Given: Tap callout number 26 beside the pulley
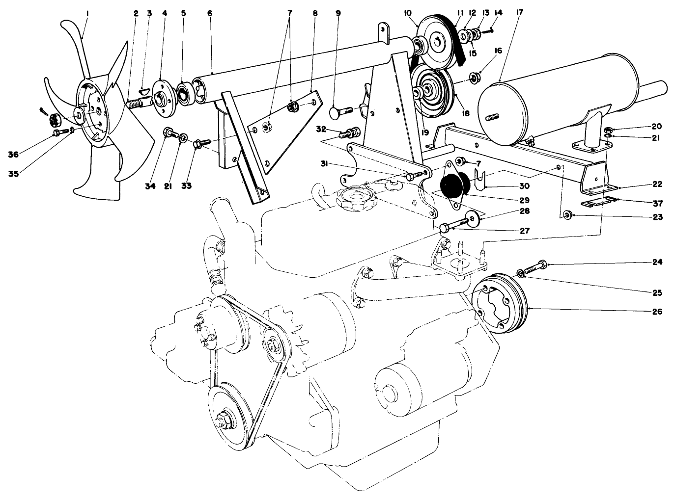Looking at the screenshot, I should coord(657,312).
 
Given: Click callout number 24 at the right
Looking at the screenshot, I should coord(657,263).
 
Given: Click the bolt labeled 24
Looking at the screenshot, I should coord(535,268).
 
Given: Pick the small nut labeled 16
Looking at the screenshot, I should coord(475,77).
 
